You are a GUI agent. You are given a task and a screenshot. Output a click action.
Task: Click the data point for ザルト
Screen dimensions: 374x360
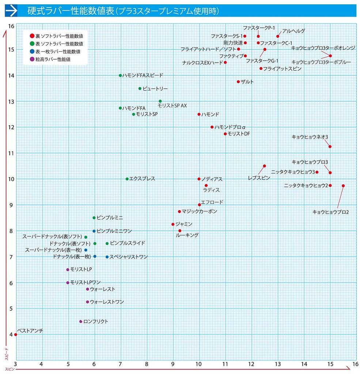[x=238, y=82]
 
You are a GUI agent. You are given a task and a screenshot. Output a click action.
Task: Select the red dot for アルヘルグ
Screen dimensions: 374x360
[x=278, y=36]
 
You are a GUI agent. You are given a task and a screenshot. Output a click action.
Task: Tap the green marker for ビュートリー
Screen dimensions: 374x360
[x=140, y=88]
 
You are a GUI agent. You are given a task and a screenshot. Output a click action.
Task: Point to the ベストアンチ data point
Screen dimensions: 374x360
[x=16, y=335]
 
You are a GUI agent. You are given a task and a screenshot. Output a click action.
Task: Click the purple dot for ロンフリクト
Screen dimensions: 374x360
[x=81, y=321]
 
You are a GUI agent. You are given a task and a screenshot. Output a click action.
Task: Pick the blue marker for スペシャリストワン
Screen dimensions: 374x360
[x=107, y=257]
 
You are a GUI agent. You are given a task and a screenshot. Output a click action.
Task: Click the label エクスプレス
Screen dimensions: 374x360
[x=143, y=179]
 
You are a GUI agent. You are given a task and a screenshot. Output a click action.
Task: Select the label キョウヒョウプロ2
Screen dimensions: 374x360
[x=330, y=212]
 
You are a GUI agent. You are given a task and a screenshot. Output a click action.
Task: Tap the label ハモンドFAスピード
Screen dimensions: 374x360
[x=143, y=75]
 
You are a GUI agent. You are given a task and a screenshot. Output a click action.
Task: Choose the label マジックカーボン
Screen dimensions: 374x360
[x=199, y=211]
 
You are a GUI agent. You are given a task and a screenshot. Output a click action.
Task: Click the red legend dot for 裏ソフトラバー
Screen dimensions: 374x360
[x=32, y=36]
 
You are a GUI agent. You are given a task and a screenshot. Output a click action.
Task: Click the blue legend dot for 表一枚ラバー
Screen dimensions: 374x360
[x=32, y=51]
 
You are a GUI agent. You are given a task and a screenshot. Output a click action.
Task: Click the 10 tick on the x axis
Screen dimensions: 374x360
[x=199, y=364]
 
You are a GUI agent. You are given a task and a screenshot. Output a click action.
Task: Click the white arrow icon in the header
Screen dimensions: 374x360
[x=12, y=11]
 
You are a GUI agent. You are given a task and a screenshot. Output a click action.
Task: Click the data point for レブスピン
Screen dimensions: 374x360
[x=264, y=166]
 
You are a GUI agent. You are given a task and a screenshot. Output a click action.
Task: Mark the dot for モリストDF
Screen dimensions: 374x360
[x=225, y=134]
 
